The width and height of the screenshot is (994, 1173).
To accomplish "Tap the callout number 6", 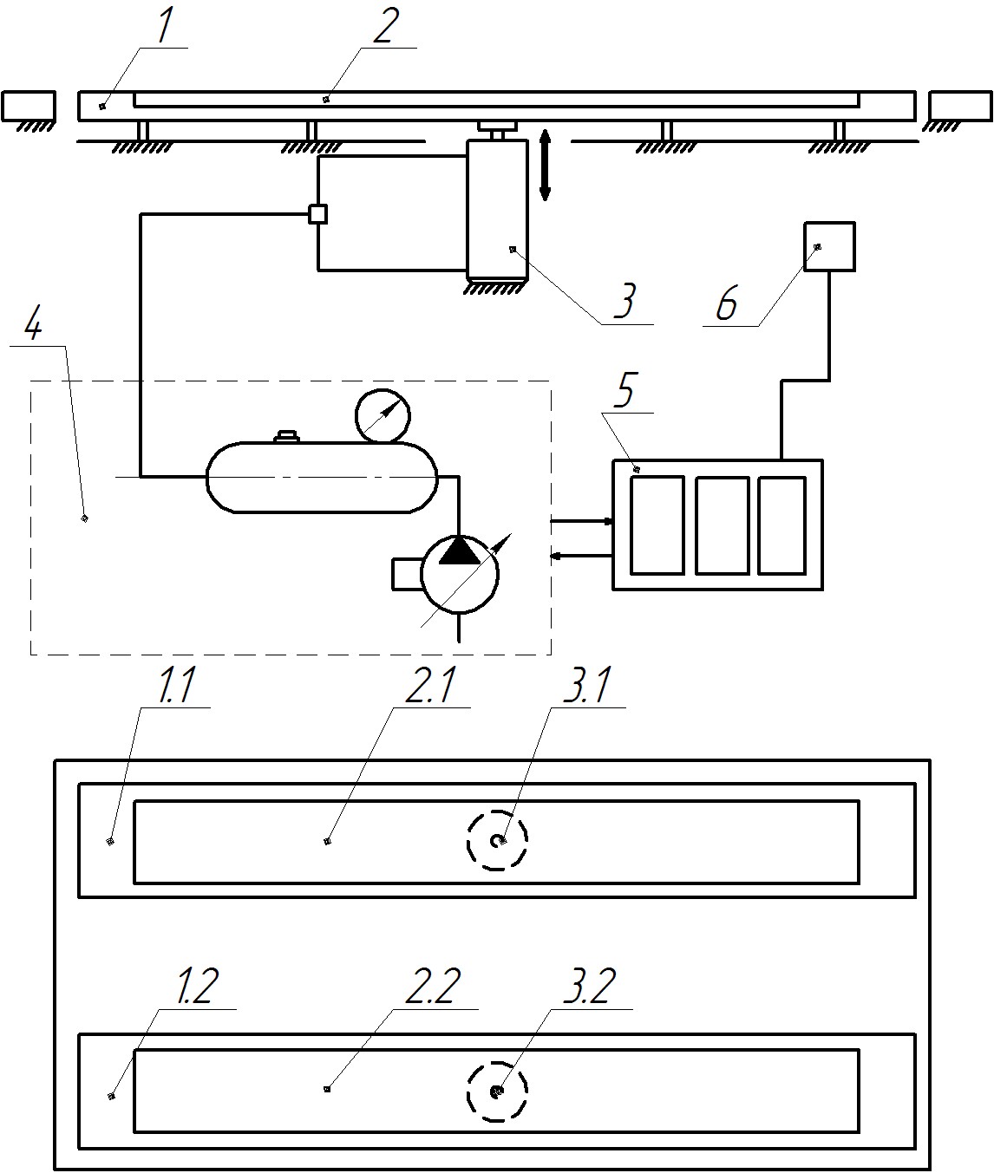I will pyautogui.click(x=727, y=305).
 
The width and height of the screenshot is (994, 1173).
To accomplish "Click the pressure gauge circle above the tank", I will pyautogui.click(x=383, y=416).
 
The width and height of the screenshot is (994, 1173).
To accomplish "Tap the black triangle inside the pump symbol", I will pyautogui.click(x=459, y=551).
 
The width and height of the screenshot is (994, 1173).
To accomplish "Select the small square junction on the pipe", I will pyautogui.click(x=318, y=213).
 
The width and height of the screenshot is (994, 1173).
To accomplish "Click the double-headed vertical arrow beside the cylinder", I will pyautogui.click(x=545, y=165).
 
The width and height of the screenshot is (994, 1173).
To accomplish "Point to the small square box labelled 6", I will pyautogui.click(x=829, y=247).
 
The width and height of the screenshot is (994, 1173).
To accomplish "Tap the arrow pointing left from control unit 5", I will pyautogui.click(x=581, y=555).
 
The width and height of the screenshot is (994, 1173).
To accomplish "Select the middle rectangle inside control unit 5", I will pyautogui.click(x=722, y=525).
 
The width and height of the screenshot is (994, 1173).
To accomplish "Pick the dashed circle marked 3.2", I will pyautogui.click(x=497, y=1091).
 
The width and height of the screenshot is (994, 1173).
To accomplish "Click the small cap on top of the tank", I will pyautogui.click(x=286, y=437).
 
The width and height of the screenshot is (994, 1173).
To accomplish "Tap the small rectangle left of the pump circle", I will pyautogui.click(x=406, y=574).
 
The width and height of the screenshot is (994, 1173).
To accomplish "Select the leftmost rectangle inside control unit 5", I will pyautogui.click(x=657, y=525).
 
